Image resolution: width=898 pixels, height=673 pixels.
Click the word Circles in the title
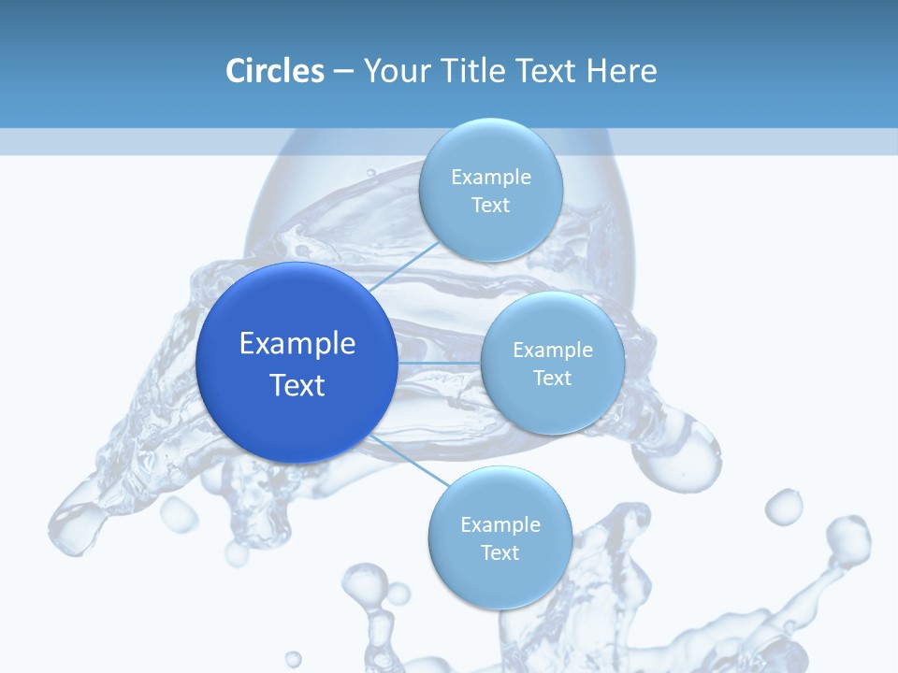(x=275, y=71)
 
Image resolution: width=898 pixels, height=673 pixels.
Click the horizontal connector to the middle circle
(x=439, y=363)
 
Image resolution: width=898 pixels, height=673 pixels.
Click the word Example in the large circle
(x=297, y=344)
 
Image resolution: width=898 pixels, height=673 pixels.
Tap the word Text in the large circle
(x=297, y=385)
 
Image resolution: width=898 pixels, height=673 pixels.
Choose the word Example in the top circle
(x=490, y=178)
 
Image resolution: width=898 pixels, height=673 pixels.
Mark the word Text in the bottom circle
(x=500, y=552)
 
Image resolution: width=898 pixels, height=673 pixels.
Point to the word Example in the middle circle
(x=552, y=351)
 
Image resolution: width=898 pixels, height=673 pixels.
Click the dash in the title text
(x=343, y=72)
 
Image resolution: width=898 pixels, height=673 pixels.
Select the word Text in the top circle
(x=490, y=205)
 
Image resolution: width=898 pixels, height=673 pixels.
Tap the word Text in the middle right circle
(x=552, y=378)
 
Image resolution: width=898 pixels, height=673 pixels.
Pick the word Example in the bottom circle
(x=500, y=524)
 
